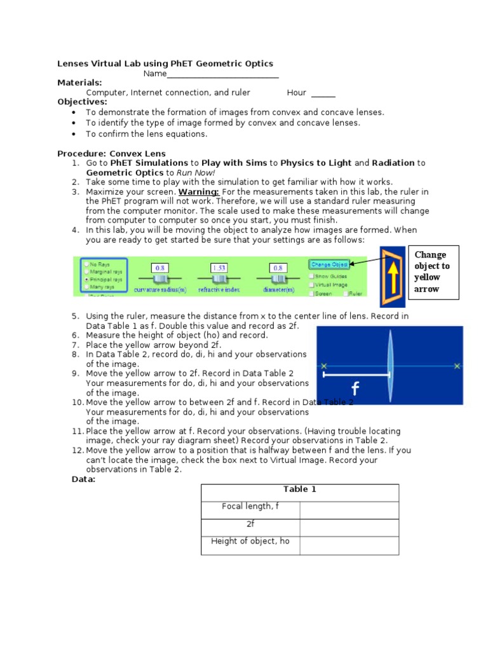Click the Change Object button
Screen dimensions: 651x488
[329, 264]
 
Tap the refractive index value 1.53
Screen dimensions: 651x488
[219, 268]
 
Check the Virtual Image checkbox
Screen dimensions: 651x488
[311, 285]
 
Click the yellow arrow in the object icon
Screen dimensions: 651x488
[394, 277]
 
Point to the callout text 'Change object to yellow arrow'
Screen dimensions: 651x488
[431, 271]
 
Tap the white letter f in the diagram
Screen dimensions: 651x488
[355, 388]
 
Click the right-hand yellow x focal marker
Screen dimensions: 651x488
[457, 366]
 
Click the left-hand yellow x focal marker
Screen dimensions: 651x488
[324, 366]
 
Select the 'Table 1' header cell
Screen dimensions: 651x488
[300, 490]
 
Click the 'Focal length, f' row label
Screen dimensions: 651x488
[250, 506]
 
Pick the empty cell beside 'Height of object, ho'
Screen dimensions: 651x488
[349, 545]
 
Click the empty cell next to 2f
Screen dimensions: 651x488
[349, 527]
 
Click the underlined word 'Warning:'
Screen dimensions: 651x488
[199, 191]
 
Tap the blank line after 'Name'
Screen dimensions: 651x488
[222, 74]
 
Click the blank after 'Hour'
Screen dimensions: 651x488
[323, 93]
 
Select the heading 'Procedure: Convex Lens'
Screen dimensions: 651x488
[111, 153]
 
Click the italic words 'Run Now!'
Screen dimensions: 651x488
[196, 172]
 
